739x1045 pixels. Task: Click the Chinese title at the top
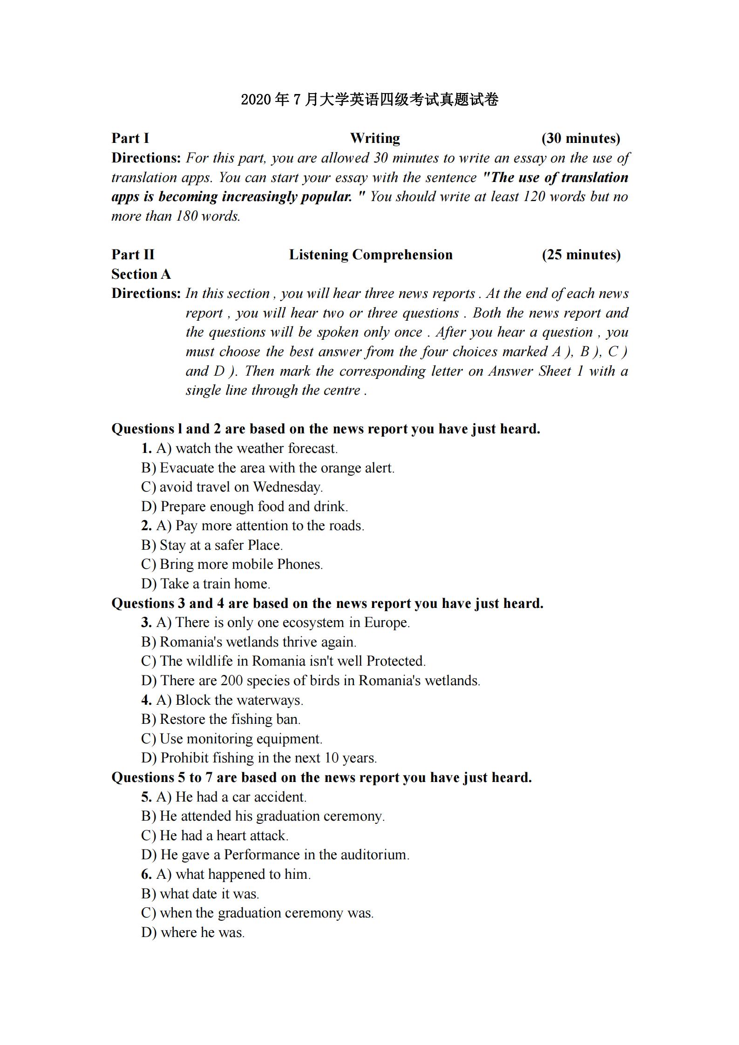click(x=369, y=100)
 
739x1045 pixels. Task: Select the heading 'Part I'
click(x=130, y=138)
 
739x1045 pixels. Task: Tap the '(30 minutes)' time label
click(x=581, y=138)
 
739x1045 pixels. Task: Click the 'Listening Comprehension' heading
click(x=371, y=255)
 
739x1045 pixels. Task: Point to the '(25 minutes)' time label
click(x=581, y=255)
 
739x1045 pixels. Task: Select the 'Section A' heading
click(x=141, y=274)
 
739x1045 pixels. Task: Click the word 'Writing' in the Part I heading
click(x=375, y=138)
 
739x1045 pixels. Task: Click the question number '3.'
click(x=146, y=622)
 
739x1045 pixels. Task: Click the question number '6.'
click(x=146, y=874)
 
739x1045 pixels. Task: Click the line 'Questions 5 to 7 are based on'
click(x=321, y=777)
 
